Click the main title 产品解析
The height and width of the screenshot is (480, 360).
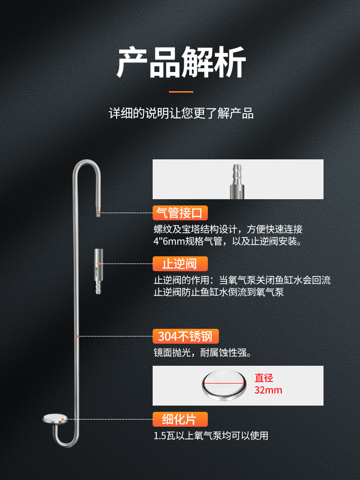click(x=181, y=62)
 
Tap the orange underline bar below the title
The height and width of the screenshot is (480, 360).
click(x=181, y=92)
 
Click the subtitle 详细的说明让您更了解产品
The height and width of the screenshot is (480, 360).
click(x=181, y=113)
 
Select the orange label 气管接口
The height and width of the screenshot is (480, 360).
click(x=180, y=213)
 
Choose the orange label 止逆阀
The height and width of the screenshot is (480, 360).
click(x=180, y=264)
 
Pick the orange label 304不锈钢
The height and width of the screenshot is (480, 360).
click(x=185, y=336)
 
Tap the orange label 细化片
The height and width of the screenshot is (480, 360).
click(x=180, y=419)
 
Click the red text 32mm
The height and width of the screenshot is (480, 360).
click(x=268, y=390)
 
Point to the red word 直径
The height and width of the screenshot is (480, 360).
click(x=264, y=378)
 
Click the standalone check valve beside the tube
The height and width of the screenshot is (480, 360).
click(x=98, y=271)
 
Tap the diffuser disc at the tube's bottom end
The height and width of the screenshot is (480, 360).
click(x=55, y=419)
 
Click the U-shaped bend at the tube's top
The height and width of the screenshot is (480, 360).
click(x=86, y=162)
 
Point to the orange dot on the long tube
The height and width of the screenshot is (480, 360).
click(x=78, y=336)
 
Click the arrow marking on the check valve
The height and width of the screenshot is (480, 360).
click(x=97, y=271)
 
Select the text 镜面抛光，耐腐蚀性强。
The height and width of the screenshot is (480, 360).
click(x=203, y=353)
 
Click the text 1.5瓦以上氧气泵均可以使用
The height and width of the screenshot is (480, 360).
click(x=211, y=436)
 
